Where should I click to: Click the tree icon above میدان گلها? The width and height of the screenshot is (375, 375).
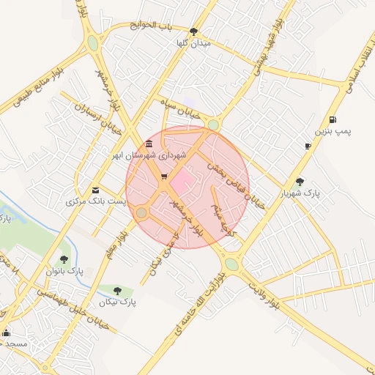point(193,31)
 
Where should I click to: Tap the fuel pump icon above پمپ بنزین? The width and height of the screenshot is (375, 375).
point(333,119)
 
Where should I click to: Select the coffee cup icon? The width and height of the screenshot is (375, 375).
point(308,146)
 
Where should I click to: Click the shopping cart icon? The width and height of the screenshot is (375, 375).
point(163,177)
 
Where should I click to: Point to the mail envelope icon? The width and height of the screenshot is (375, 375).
point(95,190)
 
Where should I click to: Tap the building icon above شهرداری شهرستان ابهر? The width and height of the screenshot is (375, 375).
point(149,144)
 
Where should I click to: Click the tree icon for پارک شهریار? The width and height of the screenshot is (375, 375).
point(300,182)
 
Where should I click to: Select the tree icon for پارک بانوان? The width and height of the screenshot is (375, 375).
point(64,259)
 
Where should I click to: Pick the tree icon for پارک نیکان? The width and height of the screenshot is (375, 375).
point(117,291)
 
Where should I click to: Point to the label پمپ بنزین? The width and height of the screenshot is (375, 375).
point(333,131)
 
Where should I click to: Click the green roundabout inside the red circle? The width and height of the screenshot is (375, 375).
point(141,212)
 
